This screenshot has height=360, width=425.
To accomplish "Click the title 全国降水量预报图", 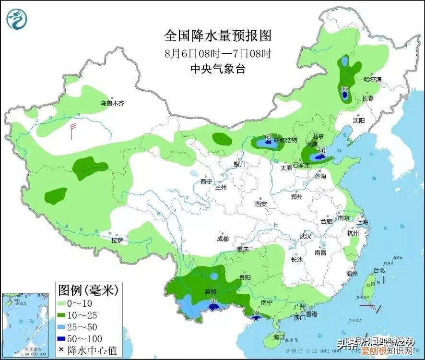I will click(x=218, y=36).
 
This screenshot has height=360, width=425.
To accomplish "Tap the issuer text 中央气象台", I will click(x=218, y=69).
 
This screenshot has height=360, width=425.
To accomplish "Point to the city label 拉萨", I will click(x=117, y=240).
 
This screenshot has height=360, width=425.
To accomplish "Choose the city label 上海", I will click(x=363, y=222).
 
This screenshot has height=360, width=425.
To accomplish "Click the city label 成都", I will click(x=223, y=239).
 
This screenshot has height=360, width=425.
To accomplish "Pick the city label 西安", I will click(x=261, y=204).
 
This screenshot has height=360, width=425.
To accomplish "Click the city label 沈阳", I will click(x=359, y=120).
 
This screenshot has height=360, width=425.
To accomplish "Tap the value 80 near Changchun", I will click(x=344, y=89).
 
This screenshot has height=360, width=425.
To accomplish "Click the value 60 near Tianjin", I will click(x=322, y=150).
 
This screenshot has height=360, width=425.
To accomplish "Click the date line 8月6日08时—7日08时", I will click(x=218, y=53).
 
